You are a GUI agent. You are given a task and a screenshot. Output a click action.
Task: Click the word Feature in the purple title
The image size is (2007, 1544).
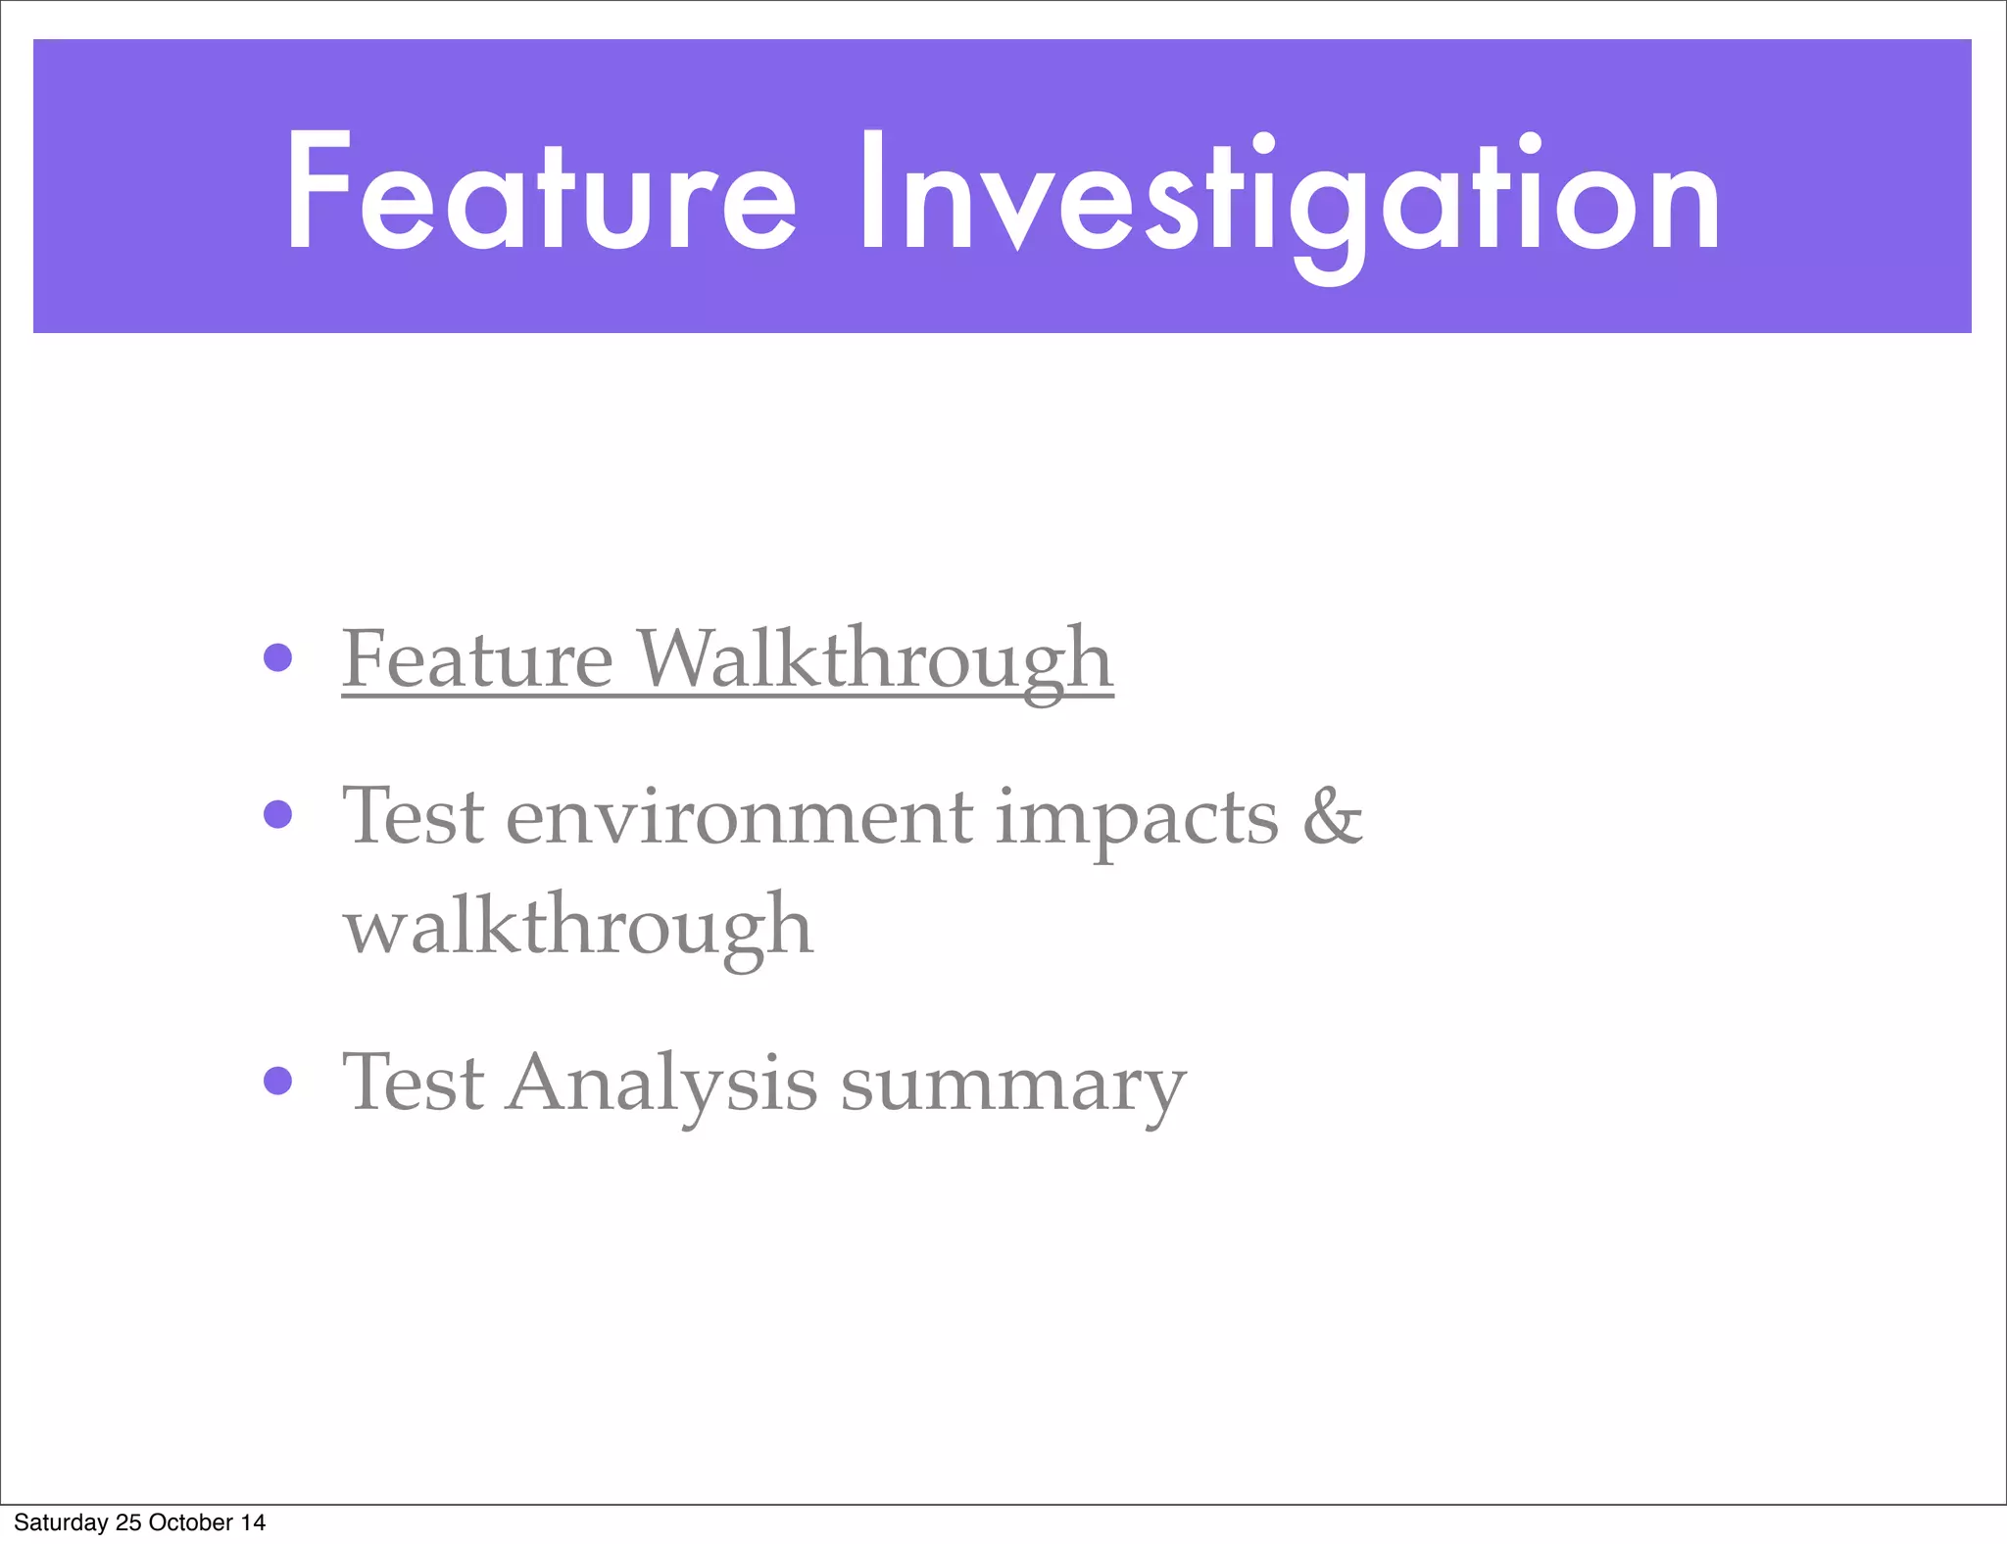[x=540, y=194]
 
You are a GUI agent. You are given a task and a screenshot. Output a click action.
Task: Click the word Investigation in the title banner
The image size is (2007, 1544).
[x=1289, y=196]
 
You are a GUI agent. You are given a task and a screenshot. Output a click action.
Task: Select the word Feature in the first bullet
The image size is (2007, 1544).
[x=477, y=660]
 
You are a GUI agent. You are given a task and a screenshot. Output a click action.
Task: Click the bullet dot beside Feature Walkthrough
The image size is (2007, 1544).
[x=278, y=657]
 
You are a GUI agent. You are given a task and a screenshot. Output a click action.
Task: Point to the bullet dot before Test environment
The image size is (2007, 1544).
[x=278, y=814]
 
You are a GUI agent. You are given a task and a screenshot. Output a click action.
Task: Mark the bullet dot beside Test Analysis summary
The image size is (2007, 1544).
[x=278, y=1081]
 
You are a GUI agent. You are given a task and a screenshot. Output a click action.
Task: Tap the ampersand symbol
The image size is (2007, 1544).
[x=1333, y=815]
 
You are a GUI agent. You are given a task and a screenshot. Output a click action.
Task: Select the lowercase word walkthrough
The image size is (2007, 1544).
[x=578, y=927]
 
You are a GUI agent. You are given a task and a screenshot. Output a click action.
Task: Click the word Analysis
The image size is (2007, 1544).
[x=661, y=1084]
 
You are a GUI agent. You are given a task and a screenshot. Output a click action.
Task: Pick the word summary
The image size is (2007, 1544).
[x=1013, y=1087]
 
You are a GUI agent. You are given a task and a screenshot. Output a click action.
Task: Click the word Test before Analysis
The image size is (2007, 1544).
[x=414, y=1082]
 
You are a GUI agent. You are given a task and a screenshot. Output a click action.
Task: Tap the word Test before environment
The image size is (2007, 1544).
[x=414, y=815]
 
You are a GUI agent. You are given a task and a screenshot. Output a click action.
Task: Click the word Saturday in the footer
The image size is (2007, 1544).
[x=61, y=1522]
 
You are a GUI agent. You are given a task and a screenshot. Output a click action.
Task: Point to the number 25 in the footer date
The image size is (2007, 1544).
[x=128, y=1522]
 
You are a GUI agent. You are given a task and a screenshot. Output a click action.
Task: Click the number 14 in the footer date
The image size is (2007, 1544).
[x=253, y=1522]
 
